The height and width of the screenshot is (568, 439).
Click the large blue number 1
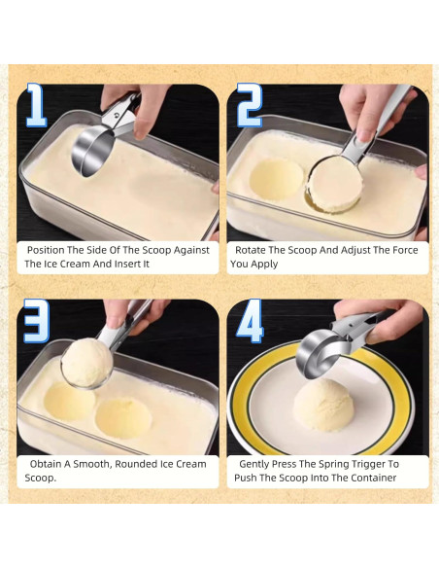37,105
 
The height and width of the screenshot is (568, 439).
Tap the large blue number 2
250,105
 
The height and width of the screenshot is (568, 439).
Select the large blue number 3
36,321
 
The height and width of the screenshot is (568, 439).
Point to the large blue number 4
250,321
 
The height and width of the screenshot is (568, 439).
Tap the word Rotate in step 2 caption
251,250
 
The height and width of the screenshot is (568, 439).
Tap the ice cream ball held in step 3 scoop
87,362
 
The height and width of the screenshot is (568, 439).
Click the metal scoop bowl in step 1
92,152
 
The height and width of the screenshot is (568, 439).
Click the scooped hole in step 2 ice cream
276,179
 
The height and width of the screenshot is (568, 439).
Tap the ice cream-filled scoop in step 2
334,184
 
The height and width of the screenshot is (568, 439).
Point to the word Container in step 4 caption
376,478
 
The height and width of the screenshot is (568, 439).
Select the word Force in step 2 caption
405,250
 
